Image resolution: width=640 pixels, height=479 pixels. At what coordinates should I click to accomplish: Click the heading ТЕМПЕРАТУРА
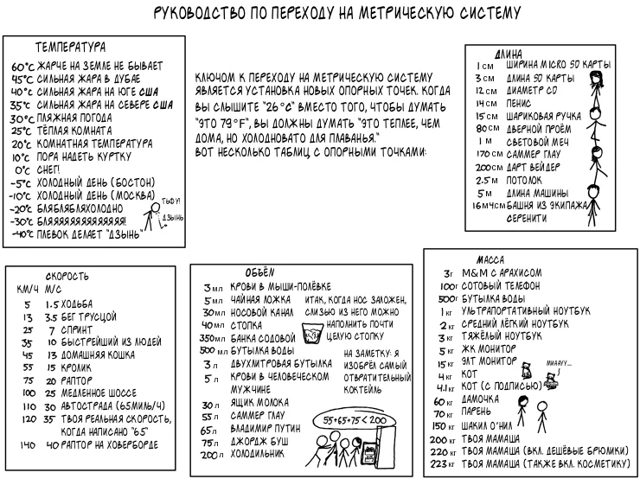(x=70, y=46)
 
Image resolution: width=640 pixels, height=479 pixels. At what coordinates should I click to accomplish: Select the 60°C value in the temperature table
(x=22, y=67)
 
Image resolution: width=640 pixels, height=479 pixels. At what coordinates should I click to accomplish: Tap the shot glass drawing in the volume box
(x=313, y=330)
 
